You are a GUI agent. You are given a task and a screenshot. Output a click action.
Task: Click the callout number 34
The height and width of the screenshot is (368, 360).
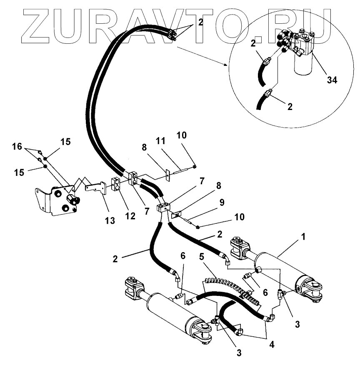[x=332, y=80]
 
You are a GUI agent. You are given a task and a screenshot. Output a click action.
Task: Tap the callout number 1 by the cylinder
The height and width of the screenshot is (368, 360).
[x=304, y=237]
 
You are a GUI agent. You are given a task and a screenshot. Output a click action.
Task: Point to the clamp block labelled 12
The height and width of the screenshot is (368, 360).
[x=116, y=185]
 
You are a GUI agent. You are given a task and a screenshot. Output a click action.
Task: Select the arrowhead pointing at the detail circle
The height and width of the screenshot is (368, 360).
[x=226, y=65]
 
